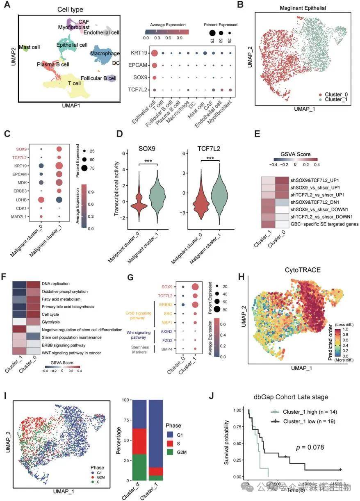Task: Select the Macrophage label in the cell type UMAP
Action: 106,54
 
